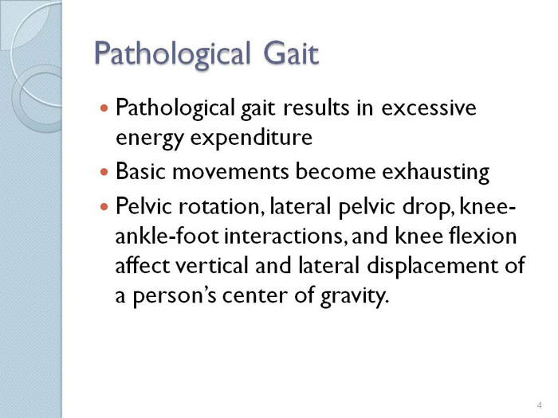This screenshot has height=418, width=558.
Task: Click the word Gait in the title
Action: [291, 53]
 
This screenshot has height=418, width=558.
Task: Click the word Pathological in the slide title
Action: [172, 53]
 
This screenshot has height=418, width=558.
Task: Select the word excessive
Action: [429, 107]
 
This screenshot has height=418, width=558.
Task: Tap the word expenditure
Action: [251, 139]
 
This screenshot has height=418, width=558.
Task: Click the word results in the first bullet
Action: [316, 107]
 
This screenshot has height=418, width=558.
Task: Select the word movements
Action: [230, 171]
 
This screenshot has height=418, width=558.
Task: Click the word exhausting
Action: [435, 173]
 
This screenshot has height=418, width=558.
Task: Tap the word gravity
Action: [354, 296]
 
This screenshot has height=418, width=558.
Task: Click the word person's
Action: [175, 296]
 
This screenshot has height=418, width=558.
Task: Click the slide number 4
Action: [540, 405]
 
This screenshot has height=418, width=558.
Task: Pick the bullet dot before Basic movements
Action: [104, 173]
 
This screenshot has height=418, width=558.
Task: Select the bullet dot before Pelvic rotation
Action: [104, 206]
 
